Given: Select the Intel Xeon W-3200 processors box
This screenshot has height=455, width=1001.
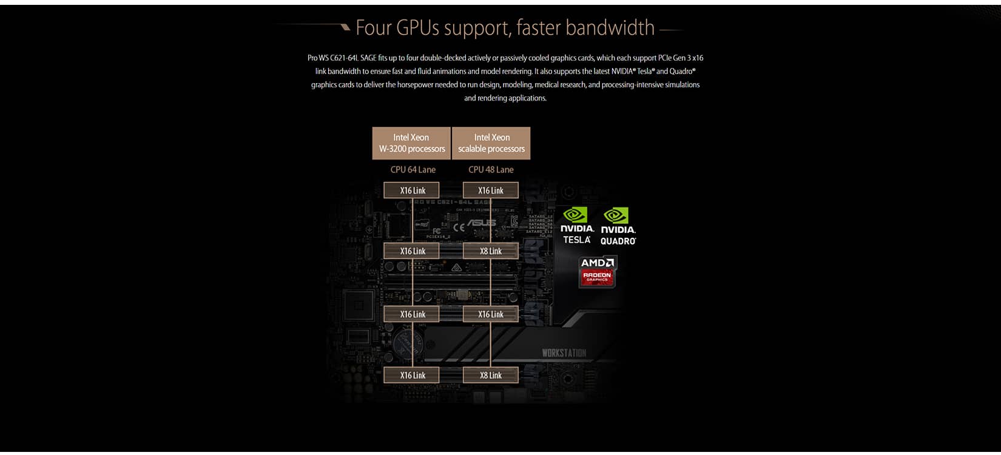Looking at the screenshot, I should click(x=411, y=143).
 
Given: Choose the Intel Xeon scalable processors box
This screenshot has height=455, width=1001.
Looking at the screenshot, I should click(x=491, y=143).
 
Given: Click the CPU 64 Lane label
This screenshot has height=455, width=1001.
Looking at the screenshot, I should click(x=413, y=170).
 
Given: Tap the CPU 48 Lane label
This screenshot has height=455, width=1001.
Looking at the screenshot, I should click(x=491, y=170).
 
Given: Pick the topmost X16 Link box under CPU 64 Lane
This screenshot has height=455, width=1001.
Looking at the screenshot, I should click(x=413, y=190).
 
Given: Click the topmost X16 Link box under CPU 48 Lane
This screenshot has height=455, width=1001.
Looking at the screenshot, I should click(x=491, y=190).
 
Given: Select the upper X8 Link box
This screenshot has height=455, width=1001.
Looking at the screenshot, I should click(x=491, y=251).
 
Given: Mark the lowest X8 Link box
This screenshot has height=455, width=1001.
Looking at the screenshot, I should click(x=491, y=376).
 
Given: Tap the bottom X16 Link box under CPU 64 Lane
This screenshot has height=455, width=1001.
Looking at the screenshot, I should click(x=413, y=376).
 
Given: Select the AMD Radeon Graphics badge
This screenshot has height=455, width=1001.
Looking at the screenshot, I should click(x=598, y=271).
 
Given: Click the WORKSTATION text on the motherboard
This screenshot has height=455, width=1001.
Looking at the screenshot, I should click(x=564, y=353).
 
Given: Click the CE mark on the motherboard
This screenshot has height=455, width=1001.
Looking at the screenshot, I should click(x=459, y=227).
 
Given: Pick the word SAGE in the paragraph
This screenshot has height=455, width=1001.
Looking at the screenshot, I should click(x=368, y=58).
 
